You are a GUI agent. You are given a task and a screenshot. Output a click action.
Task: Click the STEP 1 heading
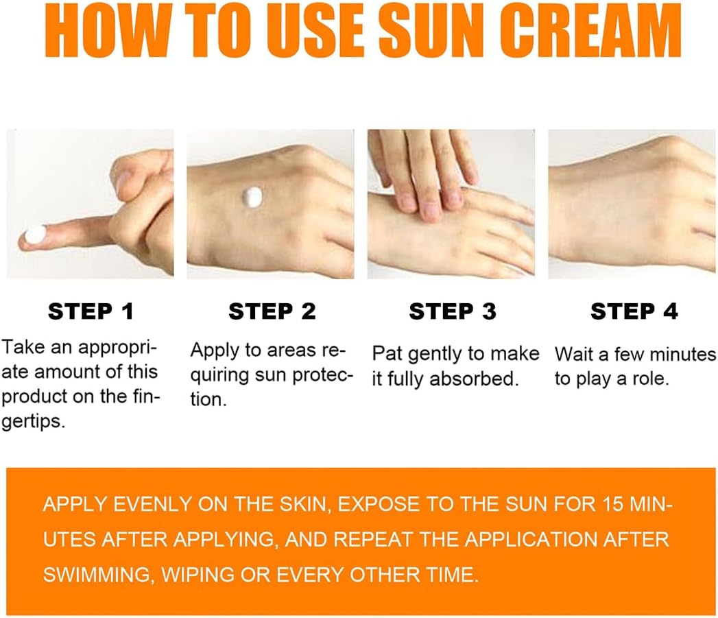point(91,311)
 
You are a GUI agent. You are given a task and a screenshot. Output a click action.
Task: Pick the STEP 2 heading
point(272,311)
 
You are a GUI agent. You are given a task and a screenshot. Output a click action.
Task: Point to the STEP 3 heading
point(453,311)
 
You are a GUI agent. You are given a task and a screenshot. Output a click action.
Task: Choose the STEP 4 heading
point(634,311)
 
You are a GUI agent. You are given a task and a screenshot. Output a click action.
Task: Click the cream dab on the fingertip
point(35,235)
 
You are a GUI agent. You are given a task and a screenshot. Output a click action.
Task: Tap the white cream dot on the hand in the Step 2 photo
point(252,197)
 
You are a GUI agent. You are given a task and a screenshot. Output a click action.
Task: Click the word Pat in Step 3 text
point(387,354)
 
